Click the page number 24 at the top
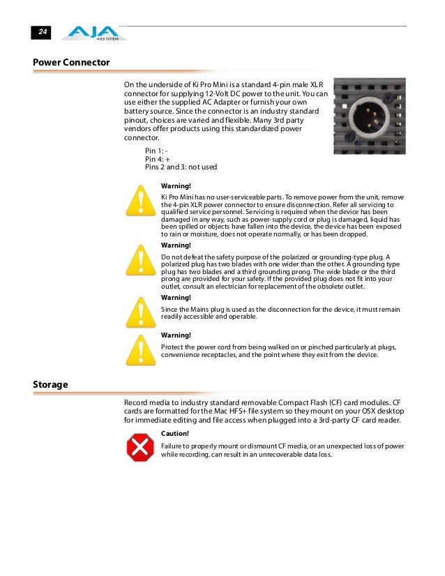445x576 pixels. (43, 33)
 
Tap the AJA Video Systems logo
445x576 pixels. (93, 33)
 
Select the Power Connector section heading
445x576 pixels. (71, 63)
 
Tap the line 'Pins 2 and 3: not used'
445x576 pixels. (181, 167)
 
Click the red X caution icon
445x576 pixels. (140, 447)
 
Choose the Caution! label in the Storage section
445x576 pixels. (174, 433)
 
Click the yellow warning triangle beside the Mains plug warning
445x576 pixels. (140, 312)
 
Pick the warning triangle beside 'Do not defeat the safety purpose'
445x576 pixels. (140, 262)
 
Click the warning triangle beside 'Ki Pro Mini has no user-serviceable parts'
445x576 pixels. (140, 202)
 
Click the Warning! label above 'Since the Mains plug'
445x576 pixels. (176, 298)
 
